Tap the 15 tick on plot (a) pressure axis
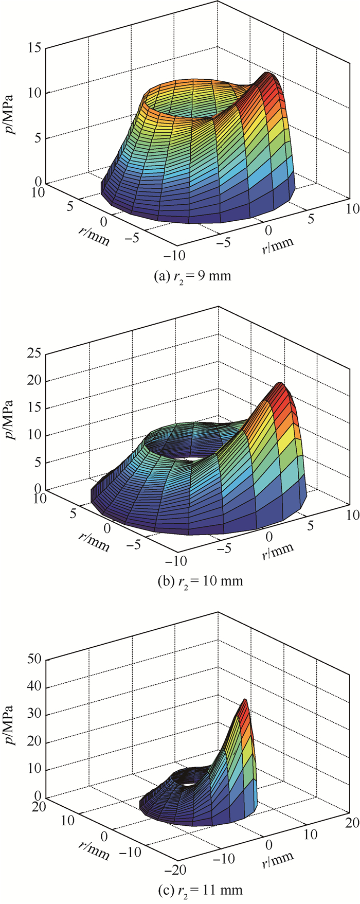click(x=35, y=48)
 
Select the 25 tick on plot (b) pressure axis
click(x=35, y=353)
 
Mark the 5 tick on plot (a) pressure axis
click(x=38, y=138)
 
